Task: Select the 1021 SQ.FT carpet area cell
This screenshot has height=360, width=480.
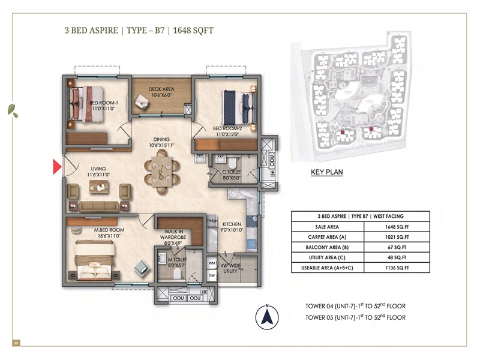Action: pyautogui.click(x=399, y=237)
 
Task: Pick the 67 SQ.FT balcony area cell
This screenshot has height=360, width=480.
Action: pyautogui.click(x=399, y=247)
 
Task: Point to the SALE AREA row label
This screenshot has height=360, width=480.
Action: pyautogui.click(x=326, y=227)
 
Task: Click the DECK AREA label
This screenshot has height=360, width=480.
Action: pyautogui.click(x=161, y=91)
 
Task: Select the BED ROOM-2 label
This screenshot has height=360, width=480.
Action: pyautogui.click(x=227, y=131)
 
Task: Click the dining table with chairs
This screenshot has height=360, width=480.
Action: pyautogui.click(x=161, y=171)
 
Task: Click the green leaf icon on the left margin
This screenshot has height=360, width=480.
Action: pyautogui.click(x=12, y=110)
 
